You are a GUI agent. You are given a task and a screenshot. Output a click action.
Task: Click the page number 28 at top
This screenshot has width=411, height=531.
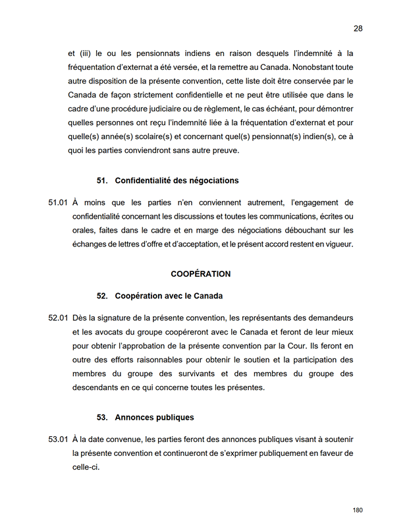point(358,28)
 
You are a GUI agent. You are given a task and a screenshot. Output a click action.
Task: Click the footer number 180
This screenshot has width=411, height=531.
point(358,511)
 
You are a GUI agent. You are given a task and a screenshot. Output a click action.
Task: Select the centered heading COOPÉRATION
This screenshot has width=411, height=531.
point(200,273)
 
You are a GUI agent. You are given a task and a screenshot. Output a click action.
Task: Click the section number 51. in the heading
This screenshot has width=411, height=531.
point(102,181)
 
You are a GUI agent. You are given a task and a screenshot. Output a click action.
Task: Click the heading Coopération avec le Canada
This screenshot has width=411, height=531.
point(169,296)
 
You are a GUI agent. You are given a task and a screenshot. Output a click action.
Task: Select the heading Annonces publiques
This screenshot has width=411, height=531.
point(154,418)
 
